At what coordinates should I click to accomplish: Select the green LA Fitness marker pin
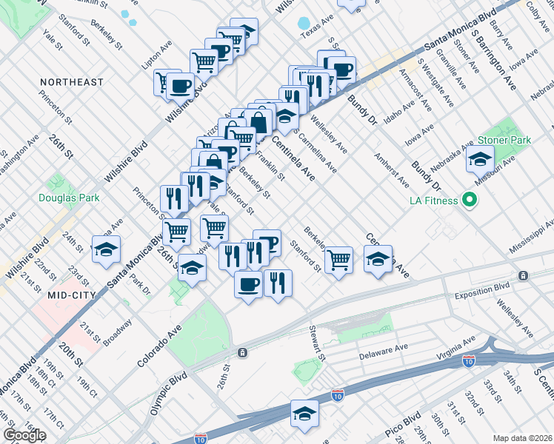(x=468, y=200)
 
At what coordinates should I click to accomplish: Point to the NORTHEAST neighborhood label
(x=71, y=82)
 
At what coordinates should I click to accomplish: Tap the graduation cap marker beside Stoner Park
(x=480, y=158)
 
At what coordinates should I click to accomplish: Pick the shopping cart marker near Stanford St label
(x=338, y=259)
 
